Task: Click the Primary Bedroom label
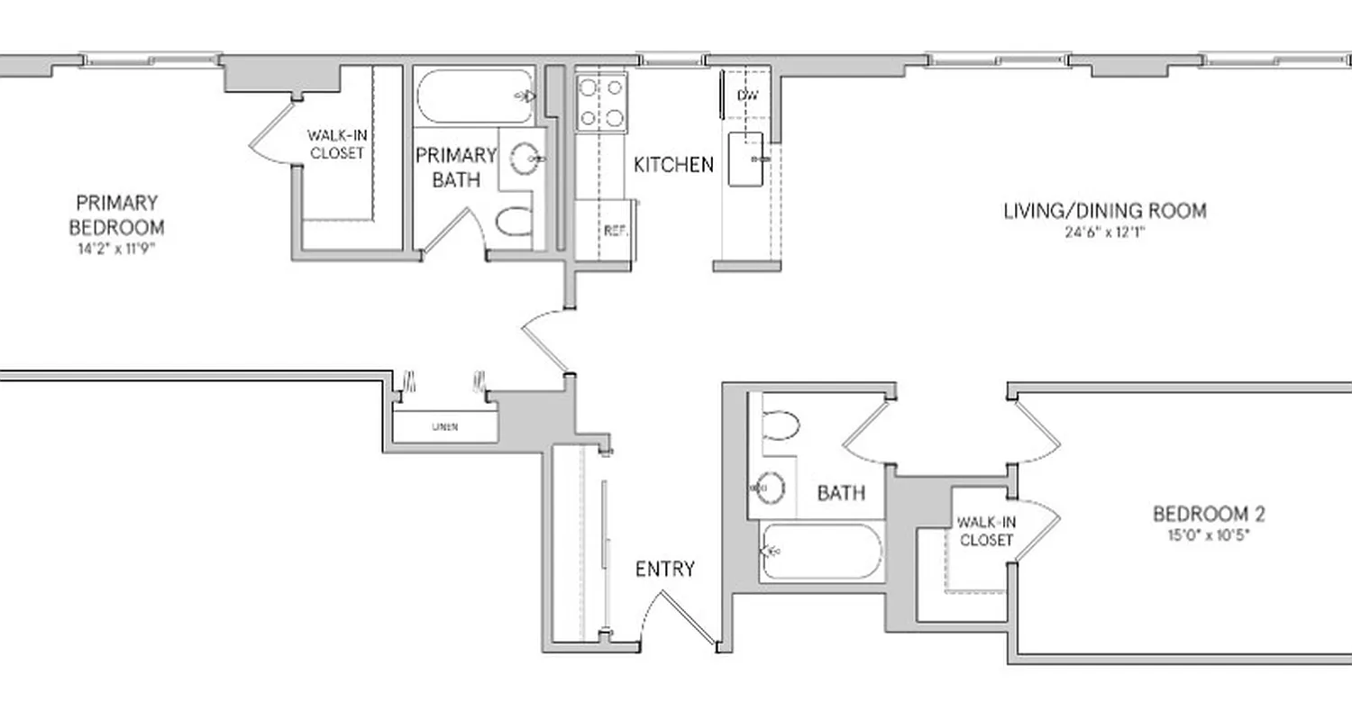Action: pos(116,214)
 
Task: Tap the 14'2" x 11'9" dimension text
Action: pos(116,249)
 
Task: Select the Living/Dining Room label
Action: pos(1104,211)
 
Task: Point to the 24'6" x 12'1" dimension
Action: pos(1104,233)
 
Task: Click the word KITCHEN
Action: pos(673,165)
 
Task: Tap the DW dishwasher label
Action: pos(747,96)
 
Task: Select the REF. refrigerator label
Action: pos(615,231)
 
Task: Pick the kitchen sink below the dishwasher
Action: pos(745,160)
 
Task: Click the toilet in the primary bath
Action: pos(516,222)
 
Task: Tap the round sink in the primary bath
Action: pos(525,160)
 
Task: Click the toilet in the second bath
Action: pos(781,425)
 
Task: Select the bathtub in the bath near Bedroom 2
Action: pos(821,551)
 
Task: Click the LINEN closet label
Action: pos(444,427)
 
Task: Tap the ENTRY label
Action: pos(665,569)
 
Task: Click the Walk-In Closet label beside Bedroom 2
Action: pos(985,532)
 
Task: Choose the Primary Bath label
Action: pos(456,168)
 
